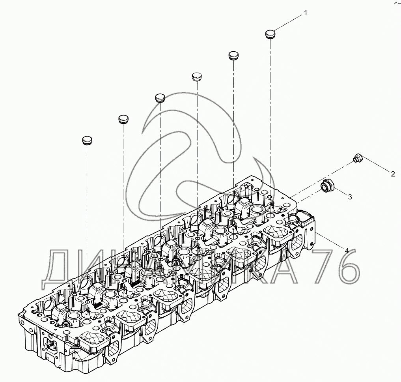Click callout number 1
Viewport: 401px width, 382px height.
point(305,13)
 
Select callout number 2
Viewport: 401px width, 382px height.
point(392,173)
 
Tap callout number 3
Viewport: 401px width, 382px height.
point(349,196)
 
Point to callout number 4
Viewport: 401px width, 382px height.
point(347,250)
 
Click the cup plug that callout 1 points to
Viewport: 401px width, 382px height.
point(270,34)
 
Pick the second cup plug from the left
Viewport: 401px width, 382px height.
point(123,119)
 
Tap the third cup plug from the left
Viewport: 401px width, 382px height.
point(160,97)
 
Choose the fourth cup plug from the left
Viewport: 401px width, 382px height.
point(197,76)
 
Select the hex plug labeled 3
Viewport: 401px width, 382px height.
point(327,185)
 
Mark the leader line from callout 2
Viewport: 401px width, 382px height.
point(376,165)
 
